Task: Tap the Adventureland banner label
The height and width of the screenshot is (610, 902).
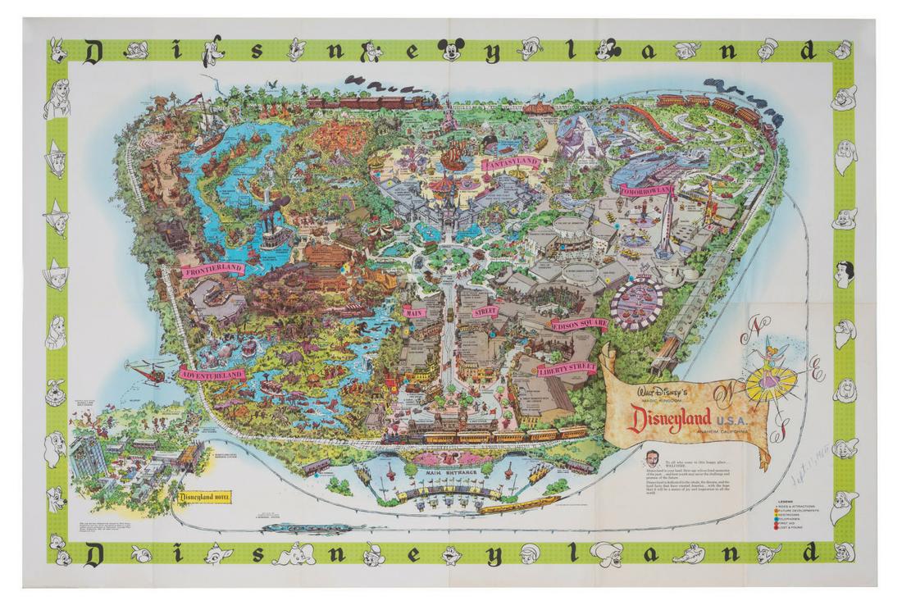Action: tap(212, 374)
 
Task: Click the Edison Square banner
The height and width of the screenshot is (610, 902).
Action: tap(579, 324)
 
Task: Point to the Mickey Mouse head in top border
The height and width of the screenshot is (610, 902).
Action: tap(450, 51)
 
